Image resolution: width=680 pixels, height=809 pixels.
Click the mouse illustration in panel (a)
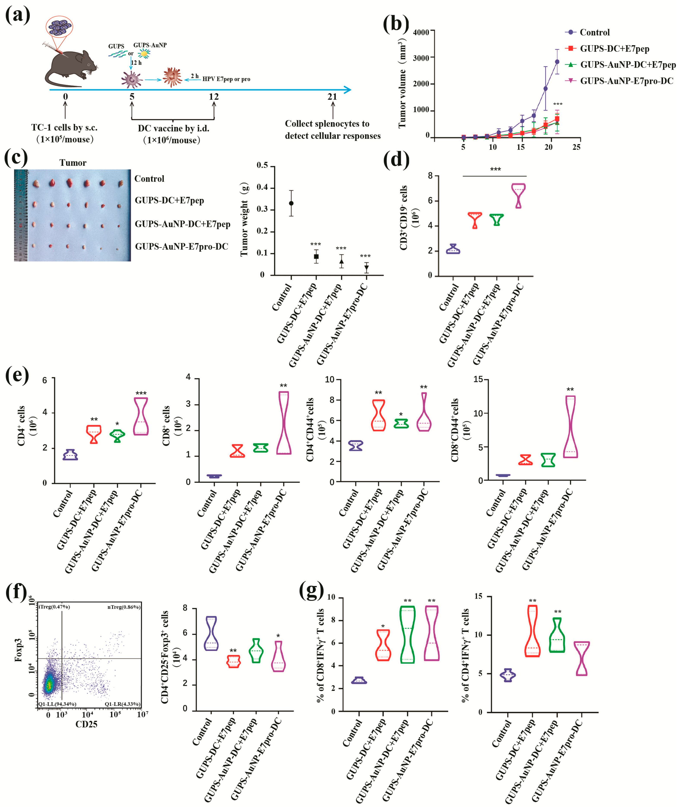(69, 67)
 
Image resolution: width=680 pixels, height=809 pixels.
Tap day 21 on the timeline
(332, 97)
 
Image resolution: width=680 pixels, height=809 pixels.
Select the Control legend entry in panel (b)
(594, 32)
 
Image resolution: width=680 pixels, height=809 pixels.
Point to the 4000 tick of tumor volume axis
(421, 32)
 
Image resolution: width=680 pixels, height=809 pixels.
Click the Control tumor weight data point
(291, 203)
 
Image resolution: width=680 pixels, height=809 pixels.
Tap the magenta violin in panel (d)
(518, 196)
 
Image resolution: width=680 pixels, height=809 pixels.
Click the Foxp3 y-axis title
(18, 650)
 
